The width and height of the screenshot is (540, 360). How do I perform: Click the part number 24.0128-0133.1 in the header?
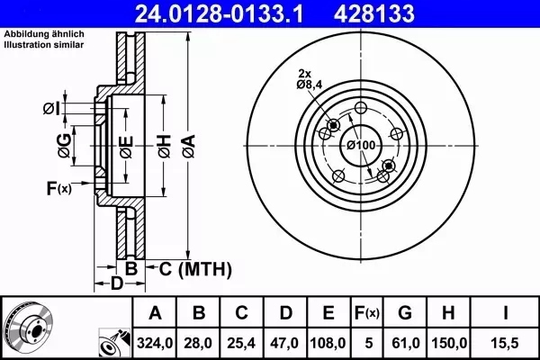click(x=220, y=13)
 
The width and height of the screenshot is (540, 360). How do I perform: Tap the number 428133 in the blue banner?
click(x=374, y=13)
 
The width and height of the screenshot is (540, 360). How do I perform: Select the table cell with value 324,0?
click(x=155, y=343)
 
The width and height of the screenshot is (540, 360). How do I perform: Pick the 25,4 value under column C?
click(x=241, y=343)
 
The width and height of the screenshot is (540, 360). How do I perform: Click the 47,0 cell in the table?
click(x=284, y=343)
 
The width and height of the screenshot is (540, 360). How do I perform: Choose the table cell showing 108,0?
click(x=328, y=343)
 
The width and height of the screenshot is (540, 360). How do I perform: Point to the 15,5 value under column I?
click(x=505, y=343)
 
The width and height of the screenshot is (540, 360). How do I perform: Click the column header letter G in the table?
click(x=405, y=313)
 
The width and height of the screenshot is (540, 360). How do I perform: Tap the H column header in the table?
click(x=448, y=313)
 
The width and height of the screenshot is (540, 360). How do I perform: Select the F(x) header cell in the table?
click(x=367, y=313)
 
